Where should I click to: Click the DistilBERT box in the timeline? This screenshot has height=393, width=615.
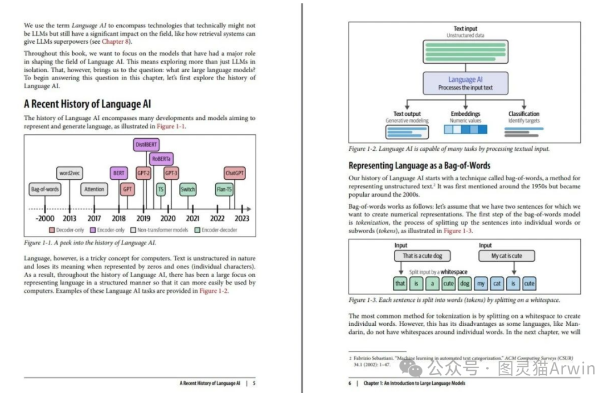pyautogui.click(x=147, y=144)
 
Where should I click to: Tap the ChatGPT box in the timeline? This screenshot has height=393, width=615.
pyautogui.click(x=235, y=173)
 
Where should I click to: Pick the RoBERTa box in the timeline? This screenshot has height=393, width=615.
pyautogui.click(x=162, y=159)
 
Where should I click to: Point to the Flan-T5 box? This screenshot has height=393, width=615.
pyautogui.click(x=224, y=189)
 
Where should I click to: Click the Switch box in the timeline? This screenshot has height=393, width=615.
pyautogui.click(x=188, y=189)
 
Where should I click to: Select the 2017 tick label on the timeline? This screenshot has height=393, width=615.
pyautogui.click(x=94, y=218)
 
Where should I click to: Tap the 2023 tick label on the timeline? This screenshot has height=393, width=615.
pyautogui.click(x=242, y=218)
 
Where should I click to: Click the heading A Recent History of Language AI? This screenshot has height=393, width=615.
pyautogui.click(x=87, y=104)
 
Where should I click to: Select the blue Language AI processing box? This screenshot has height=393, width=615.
pyautogui.click(x=465, y=83)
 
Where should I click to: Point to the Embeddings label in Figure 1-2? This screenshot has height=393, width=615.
pyautogui.click(x=465, y=114)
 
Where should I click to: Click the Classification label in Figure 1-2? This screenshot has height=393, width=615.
pyautogui.click(x=524, y=114)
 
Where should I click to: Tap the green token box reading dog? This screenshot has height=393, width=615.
pyautogui.click(x=465, y=283)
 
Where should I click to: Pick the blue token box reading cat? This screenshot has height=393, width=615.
pyautogui.click(x=497, y=283)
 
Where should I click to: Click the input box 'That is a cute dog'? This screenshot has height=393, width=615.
pyautogui.click(x=422, y=256)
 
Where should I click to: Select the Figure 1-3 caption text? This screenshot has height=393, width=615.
pyautogui.click(x=454, y=300)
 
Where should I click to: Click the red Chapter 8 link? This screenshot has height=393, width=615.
pyautogui.click(x=116, y=42)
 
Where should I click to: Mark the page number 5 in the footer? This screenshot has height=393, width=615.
pyautogui.click(x=254, y=383)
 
